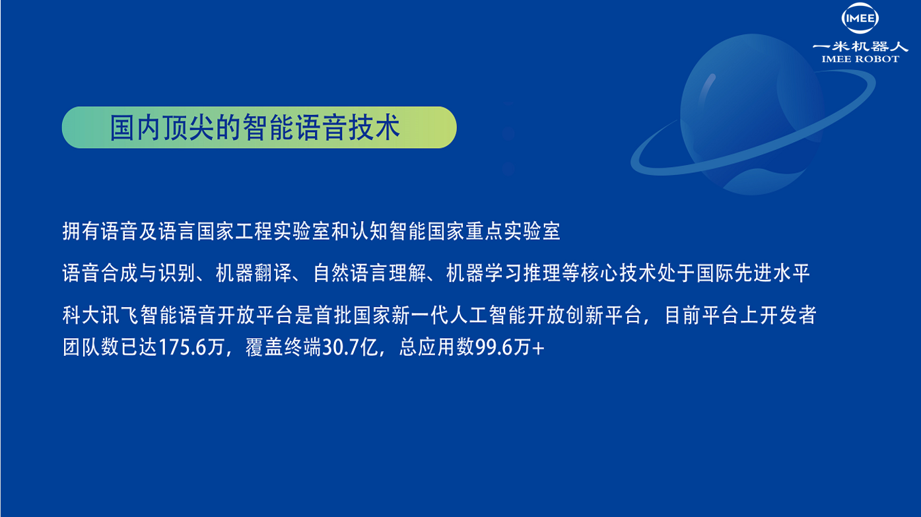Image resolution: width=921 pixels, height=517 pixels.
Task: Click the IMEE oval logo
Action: pos(860,18)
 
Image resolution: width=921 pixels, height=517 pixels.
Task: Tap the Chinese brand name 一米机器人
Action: pos(860,46)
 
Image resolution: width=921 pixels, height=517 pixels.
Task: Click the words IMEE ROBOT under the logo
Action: pos(860,59)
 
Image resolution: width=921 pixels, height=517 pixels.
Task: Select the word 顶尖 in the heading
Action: pos(189,127)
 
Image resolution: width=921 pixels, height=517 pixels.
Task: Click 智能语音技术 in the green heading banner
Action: pos(322,127)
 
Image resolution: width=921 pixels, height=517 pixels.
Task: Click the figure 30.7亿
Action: pos(350,347)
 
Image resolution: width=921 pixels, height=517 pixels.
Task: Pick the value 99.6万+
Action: pos(510,347)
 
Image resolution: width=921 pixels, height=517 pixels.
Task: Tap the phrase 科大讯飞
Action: pos(100,316)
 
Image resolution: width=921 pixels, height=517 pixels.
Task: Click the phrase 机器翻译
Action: pos(254,273)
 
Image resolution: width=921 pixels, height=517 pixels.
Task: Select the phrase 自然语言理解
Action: pos(370,273)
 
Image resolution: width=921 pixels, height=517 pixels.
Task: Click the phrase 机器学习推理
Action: pos(504,273)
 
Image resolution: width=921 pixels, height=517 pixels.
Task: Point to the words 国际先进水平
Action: pos(753,273)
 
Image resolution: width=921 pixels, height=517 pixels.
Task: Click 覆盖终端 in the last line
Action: pos(283,347)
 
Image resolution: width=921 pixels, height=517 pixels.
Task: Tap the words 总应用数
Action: pos(436,347)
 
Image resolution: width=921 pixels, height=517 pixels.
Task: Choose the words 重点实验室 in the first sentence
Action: pos(513,231)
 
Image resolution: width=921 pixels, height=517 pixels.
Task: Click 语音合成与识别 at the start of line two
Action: pos(129,273)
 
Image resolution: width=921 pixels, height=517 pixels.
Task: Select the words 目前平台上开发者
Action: pos(741,316)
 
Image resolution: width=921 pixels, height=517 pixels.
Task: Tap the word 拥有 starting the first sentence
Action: pos(81,231)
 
